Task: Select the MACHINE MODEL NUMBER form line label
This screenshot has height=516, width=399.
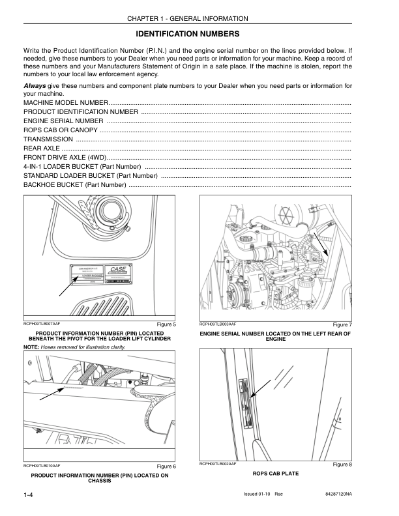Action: coord(66,103)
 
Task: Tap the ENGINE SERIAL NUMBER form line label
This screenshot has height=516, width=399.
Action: coord(63,121)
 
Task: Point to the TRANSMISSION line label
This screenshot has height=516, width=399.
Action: coord(48,139)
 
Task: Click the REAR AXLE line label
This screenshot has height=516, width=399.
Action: coord(42,149)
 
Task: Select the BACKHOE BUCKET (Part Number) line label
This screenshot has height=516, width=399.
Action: coord(75,185)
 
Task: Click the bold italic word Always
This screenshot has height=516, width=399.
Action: coord(35,85)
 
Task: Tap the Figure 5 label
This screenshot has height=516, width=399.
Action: coord(166,324)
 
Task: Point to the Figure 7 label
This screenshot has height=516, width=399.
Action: coord(342,324)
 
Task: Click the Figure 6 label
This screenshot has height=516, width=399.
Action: coord(166,466)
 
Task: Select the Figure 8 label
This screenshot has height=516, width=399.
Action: coord(342,464)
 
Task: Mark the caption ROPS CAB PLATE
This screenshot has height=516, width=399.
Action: coord(275,474)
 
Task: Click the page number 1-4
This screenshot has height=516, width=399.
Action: coord(29,497)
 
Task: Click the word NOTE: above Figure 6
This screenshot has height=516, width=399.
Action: coord(32,347)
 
